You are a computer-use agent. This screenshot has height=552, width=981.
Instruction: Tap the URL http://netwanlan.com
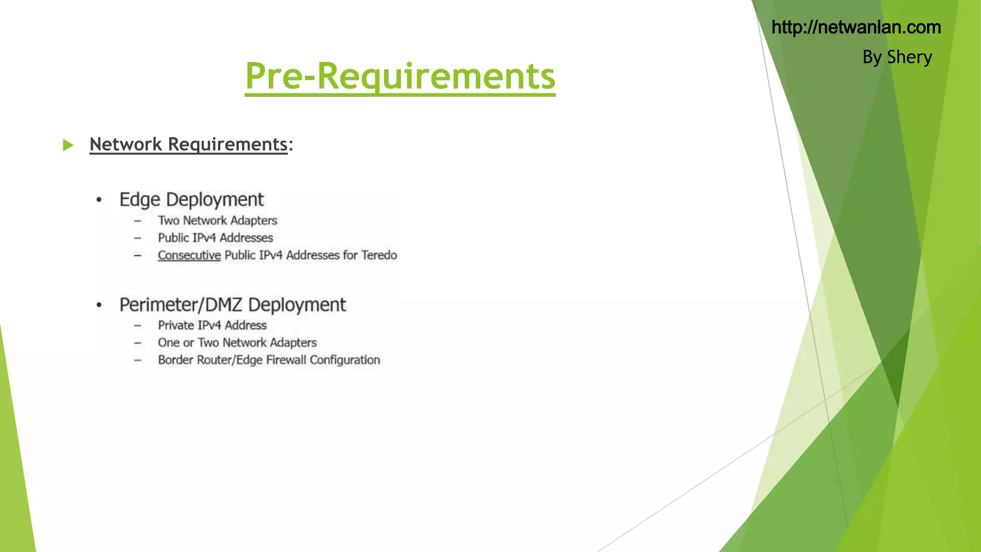pos(856,27)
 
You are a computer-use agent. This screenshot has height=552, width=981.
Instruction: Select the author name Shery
pos(909,57)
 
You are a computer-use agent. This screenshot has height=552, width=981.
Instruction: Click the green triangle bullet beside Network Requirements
pos(68,145)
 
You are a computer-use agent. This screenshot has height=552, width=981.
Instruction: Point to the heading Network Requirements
pos(188,144)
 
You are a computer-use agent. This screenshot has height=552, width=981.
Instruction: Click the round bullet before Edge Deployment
pos(99,200)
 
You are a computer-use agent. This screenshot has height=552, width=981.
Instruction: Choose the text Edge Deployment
pos(191,200)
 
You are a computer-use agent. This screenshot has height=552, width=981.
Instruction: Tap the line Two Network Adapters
pos(217,220)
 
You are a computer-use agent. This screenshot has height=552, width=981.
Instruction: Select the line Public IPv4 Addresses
pos(215,238)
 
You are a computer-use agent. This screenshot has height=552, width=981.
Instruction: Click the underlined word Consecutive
pos(189,255)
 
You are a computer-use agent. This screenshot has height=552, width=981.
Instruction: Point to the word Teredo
pos(379,255)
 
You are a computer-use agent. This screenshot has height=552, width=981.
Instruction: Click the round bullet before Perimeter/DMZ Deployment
pos(99,305)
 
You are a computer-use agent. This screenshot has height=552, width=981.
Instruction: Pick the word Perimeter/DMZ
pos(181,305)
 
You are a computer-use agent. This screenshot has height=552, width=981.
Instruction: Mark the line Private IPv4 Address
pos(212,325)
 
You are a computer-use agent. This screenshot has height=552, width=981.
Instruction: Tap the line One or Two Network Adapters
pos(237,343)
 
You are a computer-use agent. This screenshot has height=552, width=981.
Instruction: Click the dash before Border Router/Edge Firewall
pos(137,360)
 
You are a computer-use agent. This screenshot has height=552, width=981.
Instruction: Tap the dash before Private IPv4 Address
pos(137,326)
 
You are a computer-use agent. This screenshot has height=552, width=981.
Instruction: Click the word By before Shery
pos(872,57)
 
